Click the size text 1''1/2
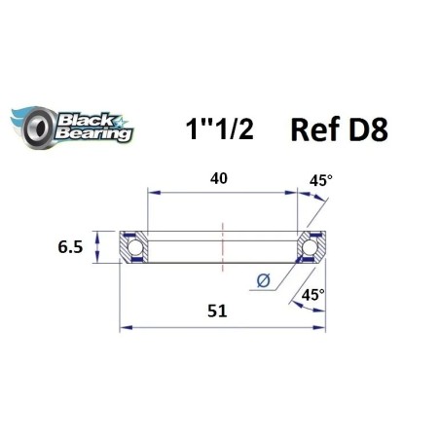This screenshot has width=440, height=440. click(x=219, y=130)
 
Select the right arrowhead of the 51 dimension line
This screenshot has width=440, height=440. click(x=322, y=328)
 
